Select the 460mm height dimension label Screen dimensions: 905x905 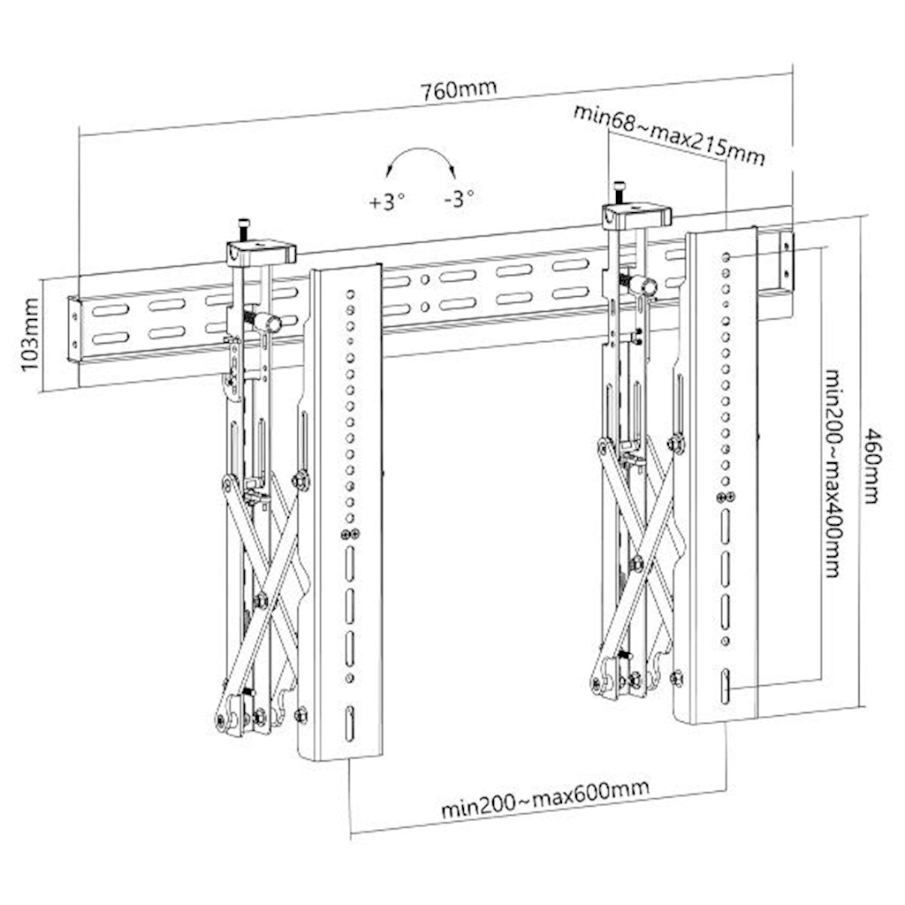[872, 466]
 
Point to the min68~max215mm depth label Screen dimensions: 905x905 [668, 134]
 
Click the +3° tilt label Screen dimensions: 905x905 [386, 201]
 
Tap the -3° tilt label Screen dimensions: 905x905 [459, 198]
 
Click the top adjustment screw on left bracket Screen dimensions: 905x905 [244, 228]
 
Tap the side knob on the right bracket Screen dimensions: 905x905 [645, 286]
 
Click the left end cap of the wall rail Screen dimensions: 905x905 [75, 329]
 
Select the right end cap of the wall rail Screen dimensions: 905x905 [785, 261]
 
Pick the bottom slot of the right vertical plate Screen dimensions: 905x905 [725, 686]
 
